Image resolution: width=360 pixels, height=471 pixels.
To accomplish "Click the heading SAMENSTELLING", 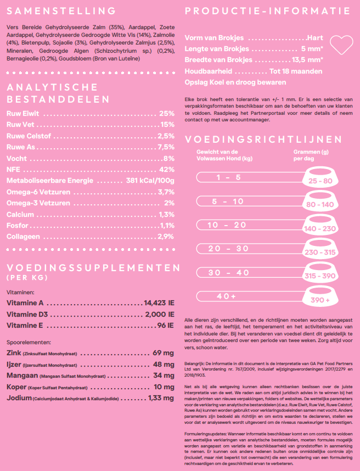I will (61, 11).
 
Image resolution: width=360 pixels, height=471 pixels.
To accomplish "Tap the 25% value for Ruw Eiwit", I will (166, 114).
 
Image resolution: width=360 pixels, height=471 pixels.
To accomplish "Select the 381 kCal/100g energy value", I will (150, 181).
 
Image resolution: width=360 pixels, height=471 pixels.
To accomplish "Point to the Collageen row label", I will (23, 237).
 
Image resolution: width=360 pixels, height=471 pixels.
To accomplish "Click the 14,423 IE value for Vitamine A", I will (159, 303).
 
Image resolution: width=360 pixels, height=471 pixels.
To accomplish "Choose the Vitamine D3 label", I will (26, 315).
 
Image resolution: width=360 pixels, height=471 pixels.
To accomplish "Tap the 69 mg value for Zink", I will (164, 352).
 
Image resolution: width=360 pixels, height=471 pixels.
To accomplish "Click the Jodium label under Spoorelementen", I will (19, 398).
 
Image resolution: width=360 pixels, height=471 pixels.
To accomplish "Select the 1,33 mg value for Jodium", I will (161, 398).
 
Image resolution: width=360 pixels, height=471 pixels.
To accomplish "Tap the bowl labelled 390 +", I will (320, 300).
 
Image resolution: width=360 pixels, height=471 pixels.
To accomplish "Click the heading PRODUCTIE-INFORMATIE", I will (268, 11).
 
